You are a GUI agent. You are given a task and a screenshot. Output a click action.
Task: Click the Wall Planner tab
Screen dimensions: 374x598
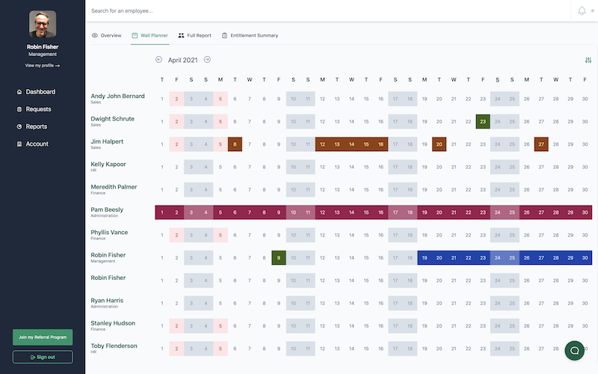tap(149, 35)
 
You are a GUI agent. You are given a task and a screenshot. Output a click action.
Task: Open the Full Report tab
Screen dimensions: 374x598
tap(194, 35)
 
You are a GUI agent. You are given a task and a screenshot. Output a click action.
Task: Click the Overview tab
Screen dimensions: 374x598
tap(106, 35)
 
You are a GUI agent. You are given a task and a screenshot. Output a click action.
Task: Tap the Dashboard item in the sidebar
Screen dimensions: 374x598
tap(40, 92)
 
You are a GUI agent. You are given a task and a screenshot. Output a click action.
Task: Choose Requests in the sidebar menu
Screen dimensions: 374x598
tap(38, 109)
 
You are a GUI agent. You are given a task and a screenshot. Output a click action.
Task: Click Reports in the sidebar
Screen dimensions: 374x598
tap(37, 126)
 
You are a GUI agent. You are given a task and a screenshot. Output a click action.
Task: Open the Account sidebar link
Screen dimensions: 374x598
tap(37, 144)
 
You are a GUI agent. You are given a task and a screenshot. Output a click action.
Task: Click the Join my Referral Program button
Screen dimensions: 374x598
tap(43, 337)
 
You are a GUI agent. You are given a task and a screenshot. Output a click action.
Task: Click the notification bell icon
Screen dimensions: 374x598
tap(582, 10)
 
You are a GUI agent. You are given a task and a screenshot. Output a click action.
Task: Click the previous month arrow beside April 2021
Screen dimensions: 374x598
tap(158, 60)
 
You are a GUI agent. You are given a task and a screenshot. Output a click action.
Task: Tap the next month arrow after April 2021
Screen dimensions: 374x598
tap(207, 60)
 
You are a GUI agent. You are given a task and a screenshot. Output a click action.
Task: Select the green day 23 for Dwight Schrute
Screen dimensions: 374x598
tap(483, 121)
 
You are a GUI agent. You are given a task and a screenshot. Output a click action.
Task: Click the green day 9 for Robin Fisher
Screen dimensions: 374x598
tap(279, 258)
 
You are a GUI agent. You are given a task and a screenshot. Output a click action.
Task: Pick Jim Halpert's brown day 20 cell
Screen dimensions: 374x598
tap(439, 144)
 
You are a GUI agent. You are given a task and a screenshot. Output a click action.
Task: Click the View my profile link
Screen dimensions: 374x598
tap(43, 66)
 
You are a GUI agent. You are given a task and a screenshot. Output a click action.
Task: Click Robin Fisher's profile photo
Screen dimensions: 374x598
tap(43, 25)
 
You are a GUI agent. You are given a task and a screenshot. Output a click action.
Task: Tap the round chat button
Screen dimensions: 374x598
tap(574, 349)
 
